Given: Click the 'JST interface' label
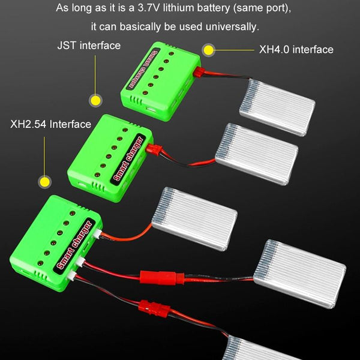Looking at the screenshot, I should tap(88, 46).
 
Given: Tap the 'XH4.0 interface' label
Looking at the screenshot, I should tap(296, 50).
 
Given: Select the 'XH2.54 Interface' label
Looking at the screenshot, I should tap(50, 124).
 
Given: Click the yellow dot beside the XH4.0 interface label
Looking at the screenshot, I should tap(208, 50).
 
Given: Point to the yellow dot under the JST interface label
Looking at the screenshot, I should tap(94, 100).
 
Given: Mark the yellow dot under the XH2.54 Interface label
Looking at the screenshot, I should tap(44, 181).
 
